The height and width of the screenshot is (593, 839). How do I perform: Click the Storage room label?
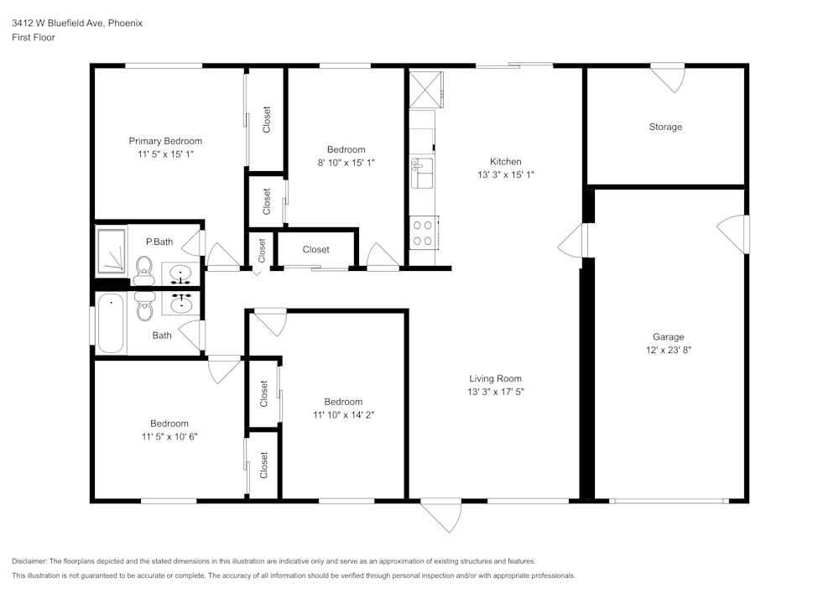[664, 127]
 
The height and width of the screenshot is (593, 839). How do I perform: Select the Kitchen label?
[505, 162]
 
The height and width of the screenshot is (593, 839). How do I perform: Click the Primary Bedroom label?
[164, 141]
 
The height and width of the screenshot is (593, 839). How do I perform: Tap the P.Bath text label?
[159, 242]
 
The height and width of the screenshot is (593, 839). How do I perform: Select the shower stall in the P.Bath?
[111, 251]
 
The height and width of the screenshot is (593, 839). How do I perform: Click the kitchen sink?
[421, 173]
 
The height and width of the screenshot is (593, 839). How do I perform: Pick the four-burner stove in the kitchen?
[423, 232]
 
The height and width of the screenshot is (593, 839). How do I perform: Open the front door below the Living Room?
[442, 514]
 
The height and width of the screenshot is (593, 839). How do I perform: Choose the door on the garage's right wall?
[733, 235]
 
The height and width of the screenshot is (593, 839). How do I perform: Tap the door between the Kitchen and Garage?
[572, 242]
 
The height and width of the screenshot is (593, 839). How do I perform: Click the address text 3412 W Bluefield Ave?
[57, 23]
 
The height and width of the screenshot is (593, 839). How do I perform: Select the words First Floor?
[34, 38]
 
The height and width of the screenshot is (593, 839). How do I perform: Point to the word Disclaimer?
[29, 561]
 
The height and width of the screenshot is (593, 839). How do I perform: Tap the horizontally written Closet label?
[315, 249]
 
